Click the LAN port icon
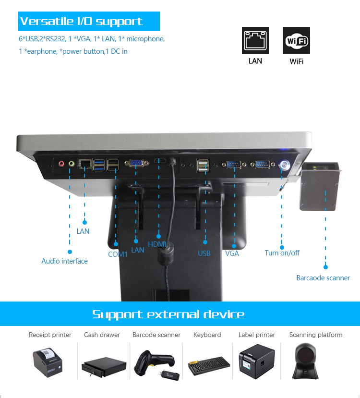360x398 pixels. [x=255, y=40]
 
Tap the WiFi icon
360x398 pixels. [x=296, y=40]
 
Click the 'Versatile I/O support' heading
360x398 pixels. [x=81, y=22]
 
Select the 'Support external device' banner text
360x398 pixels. [x=168, y=314]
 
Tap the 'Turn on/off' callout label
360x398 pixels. [x=282, y=253]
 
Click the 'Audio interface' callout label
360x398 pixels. [x=64, y=261]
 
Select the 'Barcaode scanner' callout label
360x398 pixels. [x=323, y=278]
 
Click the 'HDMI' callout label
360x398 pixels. [x=156, y=244]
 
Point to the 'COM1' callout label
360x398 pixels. [x=118, y=254]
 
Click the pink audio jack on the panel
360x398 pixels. [x=61, y=164]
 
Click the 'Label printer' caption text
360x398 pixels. [x=256, y=335]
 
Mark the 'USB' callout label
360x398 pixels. [x=204, y=253]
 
